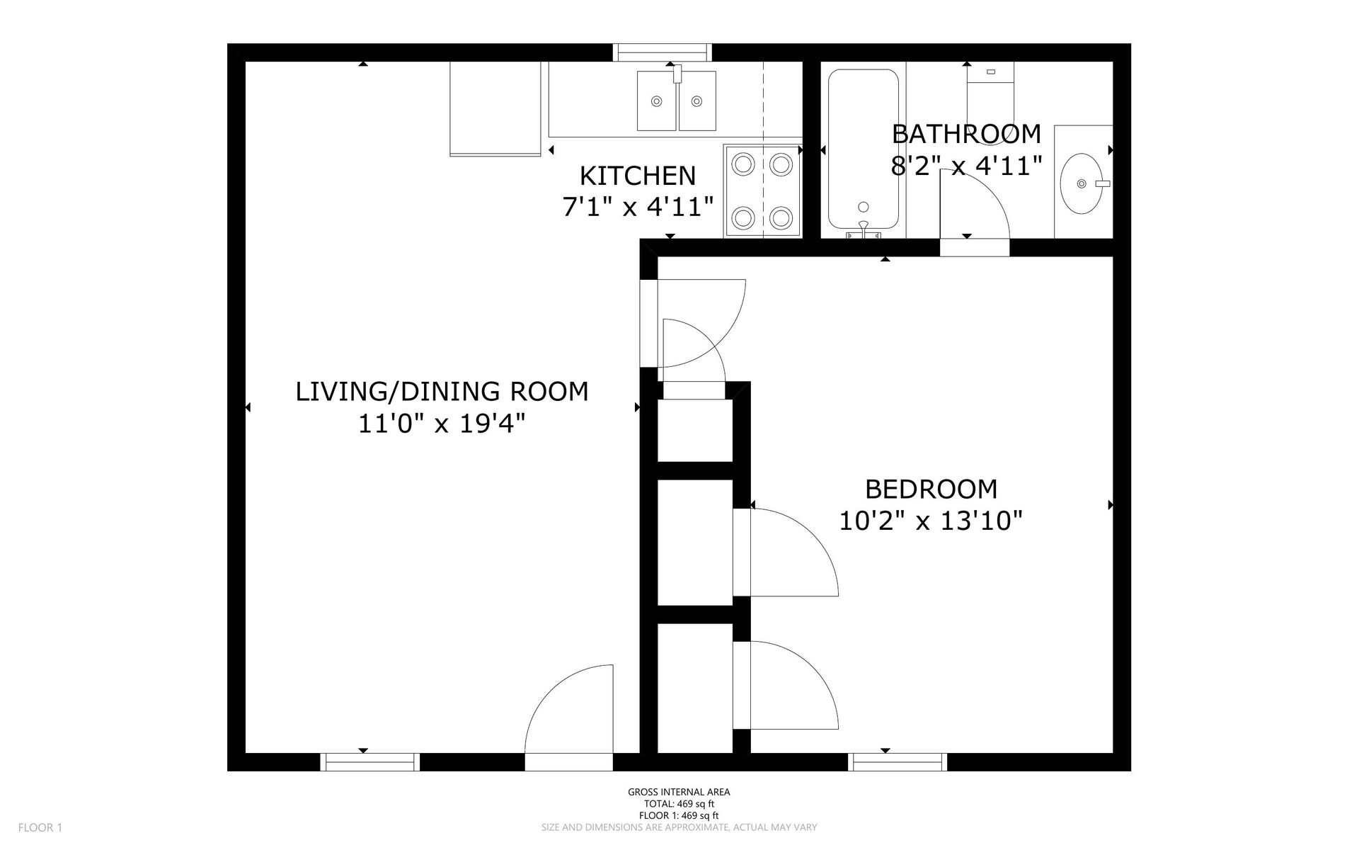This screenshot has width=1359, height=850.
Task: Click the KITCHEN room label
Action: tap(638, 175)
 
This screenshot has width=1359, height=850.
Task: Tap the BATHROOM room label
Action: tap(966, 133)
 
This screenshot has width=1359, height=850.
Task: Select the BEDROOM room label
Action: tap(931, 489)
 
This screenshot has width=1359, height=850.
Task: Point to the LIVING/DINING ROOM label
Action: tap(442, 391)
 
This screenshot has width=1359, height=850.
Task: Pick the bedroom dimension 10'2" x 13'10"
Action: tap(931, 521)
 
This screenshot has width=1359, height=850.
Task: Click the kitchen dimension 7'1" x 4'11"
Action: tap(638, 207)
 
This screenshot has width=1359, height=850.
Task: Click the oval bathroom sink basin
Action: tap(1082, 183)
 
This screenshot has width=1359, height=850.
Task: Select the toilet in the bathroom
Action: tap(990, 99)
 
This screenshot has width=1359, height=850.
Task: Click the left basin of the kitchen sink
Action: tap(657, 101)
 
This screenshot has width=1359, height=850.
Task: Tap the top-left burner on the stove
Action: tap(742, 165)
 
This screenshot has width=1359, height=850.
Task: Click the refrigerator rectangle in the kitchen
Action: tap(495, 108)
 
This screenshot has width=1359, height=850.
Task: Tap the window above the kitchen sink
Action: tap(662, 52)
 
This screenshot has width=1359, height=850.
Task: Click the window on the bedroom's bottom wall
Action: tap(898, 762)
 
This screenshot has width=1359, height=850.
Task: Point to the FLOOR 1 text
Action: tap(40, 827)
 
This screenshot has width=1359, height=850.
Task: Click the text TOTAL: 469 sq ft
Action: tap(679, 804)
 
